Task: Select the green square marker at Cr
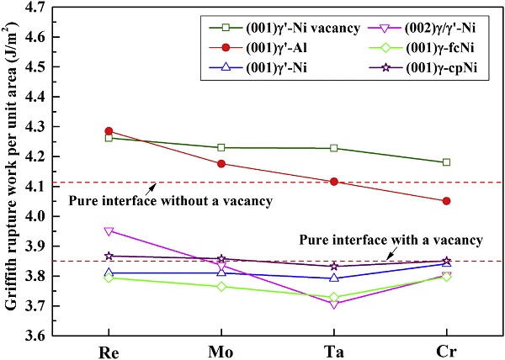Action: click(x=446, y=162)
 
